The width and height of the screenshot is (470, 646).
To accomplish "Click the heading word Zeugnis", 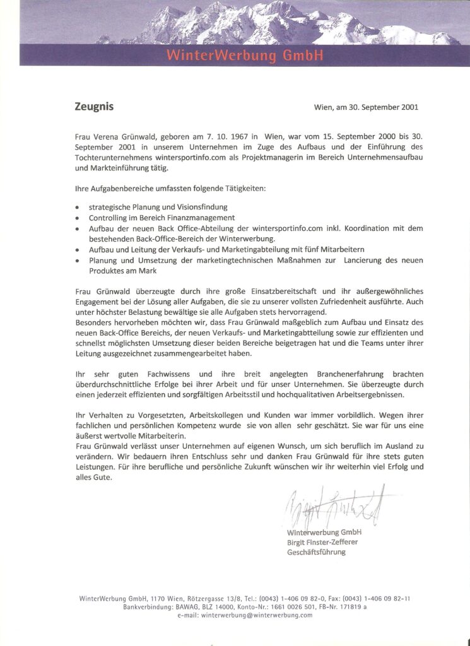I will (x=94, y=107).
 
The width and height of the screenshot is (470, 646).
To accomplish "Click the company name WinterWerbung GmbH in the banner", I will (x=245, y=56).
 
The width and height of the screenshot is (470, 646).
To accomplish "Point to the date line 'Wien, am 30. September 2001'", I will (x=366, y=107).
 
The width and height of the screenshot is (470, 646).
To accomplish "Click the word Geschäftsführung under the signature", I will (x=317, y=552).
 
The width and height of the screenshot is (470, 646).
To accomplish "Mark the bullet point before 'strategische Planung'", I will (x=77, y=207).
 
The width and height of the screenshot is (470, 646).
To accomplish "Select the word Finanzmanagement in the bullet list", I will (x=198, y=217).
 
